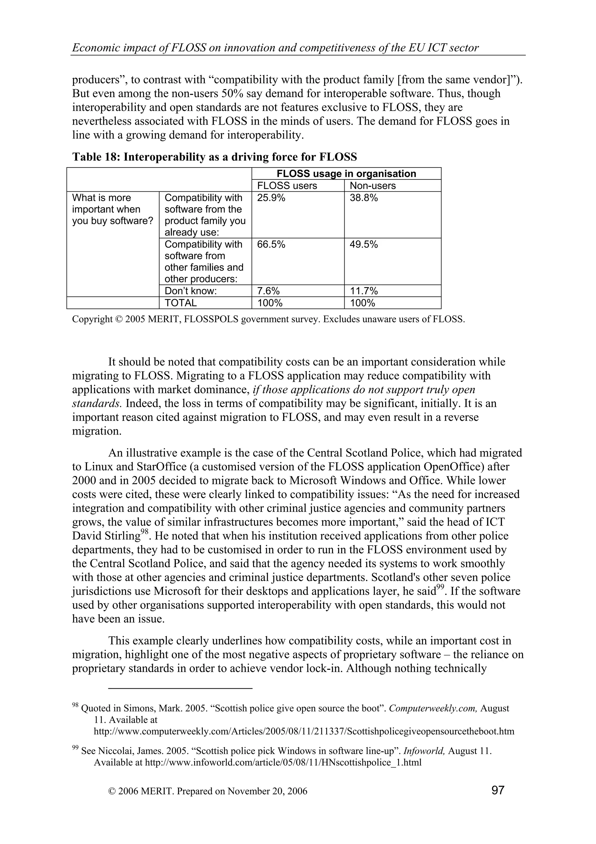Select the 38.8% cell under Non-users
coord(363,198)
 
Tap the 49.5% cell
coord(363,244)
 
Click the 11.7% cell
coord(363,291)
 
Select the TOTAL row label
coord(181,303)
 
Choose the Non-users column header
coord(373,186)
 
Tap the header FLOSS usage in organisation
coord(346,174)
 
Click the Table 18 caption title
coord(214,157)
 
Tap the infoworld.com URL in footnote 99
coord(283,762)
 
